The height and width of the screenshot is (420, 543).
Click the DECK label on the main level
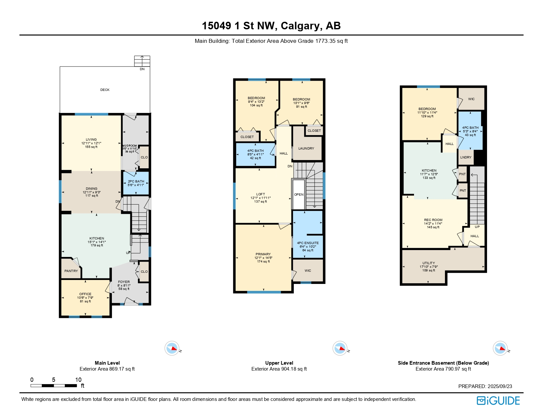105,90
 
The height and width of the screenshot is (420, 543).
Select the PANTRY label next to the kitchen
71,271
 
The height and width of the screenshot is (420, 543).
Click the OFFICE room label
85,294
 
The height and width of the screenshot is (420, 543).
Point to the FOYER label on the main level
124,282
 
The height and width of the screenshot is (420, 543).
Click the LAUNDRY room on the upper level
306,148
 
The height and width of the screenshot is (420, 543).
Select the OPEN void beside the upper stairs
299,194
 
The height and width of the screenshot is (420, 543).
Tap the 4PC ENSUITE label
308,243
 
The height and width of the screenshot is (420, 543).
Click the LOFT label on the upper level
260,194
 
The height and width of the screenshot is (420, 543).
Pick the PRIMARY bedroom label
263,254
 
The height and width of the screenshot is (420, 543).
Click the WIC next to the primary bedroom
308,270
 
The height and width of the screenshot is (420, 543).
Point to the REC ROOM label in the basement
433,220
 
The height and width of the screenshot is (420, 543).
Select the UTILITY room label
428,263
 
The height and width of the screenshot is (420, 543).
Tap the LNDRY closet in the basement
466,157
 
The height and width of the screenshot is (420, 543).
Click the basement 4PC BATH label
470,128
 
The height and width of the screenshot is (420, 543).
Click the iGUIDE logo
498,401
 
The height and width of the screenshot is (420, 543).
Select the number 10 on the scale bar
78,380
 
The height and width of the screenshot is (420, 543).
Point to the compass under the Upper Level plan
340,348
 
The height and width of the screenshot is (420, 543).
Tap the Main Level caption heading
107,363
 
